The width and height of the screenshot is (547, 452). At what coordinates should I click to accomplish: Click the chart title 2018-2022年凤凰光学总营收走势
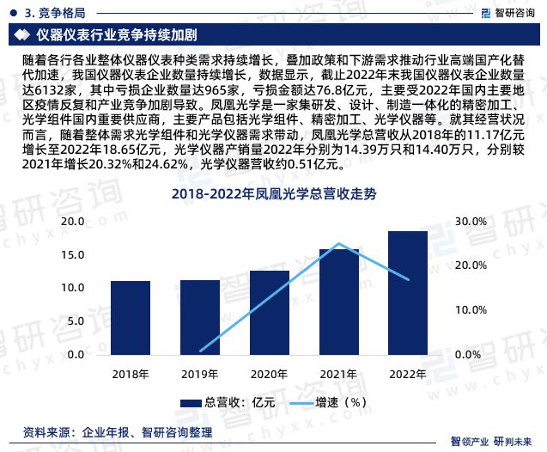tap(274, 194)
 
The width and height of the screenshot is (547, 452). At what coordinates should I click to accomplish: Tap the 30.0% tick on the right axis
tap(471, 222)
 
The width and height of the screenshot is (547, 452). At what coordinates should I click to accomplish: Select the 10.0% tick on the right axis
tap(471, 308)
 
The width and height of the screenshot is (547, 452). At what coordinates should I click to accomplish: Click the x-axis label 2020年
tap(269, 375)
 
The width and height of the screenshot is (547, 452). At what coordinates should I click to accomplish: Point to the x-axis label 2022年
tap(408, 375)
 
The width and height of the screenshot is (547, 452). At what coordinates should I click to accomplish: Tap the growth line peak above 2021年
tap(338, 244)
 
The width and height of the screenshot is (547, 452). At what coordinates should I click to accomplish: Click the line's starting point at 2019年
tap(199, 351)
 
